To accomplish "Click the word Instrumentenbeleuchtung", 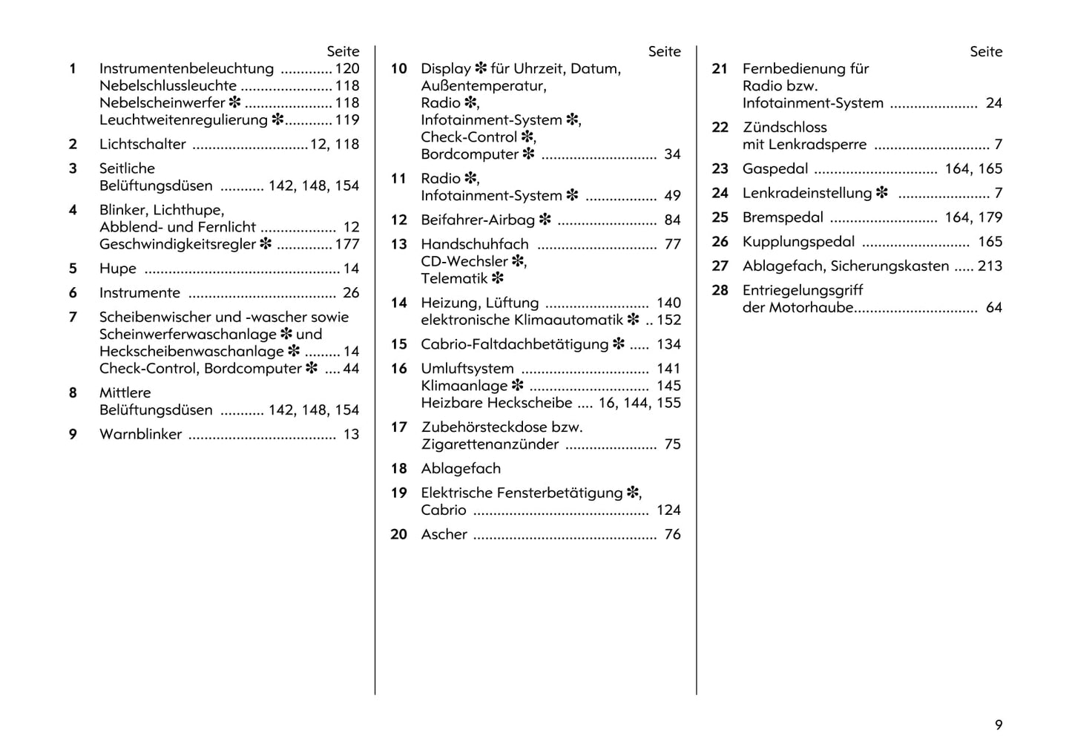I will pos(186,69).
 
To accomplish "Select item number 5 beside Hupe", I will pos(73,269).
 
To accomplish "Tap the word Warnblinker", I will pos(140,435).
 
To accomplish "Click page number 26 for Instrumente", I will pos(351,293).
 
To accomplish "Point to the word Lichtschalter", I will pos(142,145).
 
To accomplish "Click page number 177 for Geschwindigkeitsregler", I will pos(346,244).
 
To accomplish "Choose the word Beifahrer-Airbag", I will pos(478,220).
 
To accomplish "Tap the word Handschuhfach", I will pos(475,245).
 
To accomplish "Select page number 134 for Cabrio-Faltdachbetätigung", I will pos(668,344).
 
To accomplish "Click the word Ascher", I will pos(444,535).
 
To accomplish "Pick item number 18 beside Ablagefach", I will pos(399,469).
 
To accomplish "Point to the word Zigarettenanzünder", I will pos(490,444).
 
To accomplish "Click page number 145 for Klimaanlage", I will pos(668,386).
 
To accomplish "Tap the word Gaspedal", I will pos(775,169).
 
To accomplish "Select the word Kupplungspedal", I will pos(798,242).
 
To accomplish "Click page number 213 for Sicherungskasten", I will pos(990,266).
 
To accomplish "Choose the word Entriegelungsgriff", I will pos(803,291).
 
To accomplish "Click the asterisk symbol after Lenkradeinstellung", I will pos(881,193).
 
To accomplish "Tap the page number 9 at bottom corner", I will pos(999,725).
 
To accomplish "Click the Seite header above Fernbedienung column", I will pos(986,52).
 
